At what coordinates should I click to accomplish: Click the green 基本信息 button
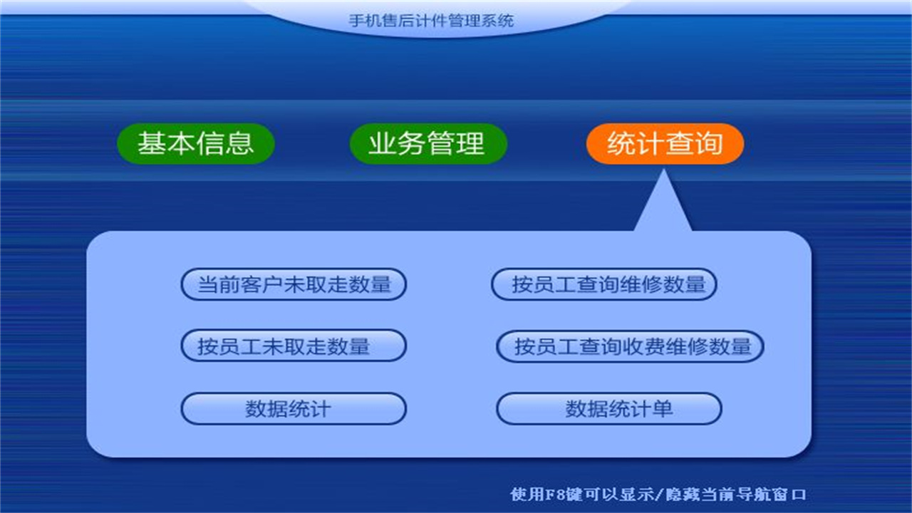coord(196,144)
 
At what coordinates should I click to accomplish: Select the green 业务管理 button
coord(427,144)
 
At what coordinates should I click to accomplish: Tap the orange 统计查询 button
coord(665,144)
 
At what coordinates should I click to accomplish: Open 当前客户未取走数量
coord(294,285)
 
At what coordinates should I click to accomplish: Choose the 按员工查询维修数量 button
coord(604,285)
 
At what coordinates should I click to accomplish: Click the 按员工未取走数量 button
coord(294,347)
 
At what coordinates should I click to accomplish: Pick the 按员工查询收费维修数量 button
coord(630,347)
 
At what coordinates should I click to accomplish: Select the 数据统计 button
coord(294,409)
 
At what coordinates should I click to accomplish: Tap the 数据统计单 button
coord(609,409)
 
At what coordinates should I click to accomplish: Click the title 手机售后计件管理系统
coord(431,21)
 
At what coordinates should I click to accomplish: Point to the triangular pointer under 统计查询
coord(663,207)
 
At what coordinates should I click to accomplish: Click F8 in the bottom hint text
coord(555,494)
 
